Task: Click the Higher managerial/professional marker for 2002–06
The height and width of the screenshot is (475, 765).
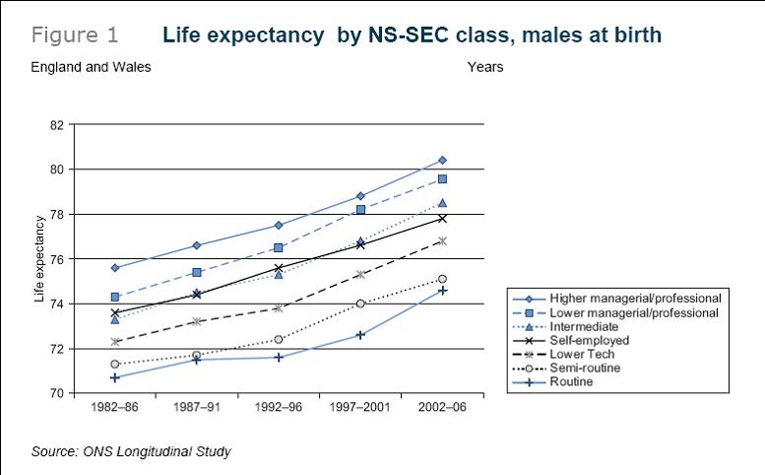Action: (442, 160)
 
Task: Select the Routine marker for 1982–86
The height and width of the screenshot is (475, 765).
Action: (115, 377)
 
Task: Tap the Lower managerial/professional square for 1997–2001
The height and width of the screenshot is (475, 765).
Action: (360, 209)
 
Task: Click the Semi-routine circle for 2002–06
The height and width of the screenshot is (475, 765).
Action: (442, 279)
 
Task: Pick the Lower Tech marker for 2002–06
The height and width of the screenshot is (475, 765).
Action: (442, 240)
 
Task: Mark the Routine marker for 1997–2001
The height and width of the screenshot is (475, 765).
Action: (360, 335)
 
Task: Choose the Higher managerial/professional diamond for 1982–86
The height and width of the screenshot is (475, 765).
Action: (115, 267)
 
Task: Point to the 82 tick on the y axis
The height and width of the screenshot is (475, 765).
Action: (57, 125)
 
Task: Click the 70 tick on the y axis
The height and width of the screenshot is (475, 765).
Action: (57, 393)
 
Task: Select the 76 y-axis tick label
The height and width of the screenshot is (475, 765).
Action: (57, 259)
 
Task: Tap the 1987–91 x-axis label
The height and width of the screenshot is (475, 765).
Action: (197, 407)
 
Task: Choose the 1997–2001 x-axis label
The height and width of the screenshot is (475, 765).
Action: (360, 407)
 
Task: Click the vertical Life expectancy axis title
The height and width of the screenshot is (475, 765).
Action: (40, 259)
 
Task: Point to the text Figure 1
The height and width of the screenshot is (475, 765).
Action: (75, 35)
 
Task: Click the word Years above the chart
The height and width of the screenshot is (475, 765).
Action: (485, 67)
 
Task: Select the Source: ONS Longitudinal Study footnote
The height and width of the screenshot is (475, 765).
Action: (131, 452)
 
